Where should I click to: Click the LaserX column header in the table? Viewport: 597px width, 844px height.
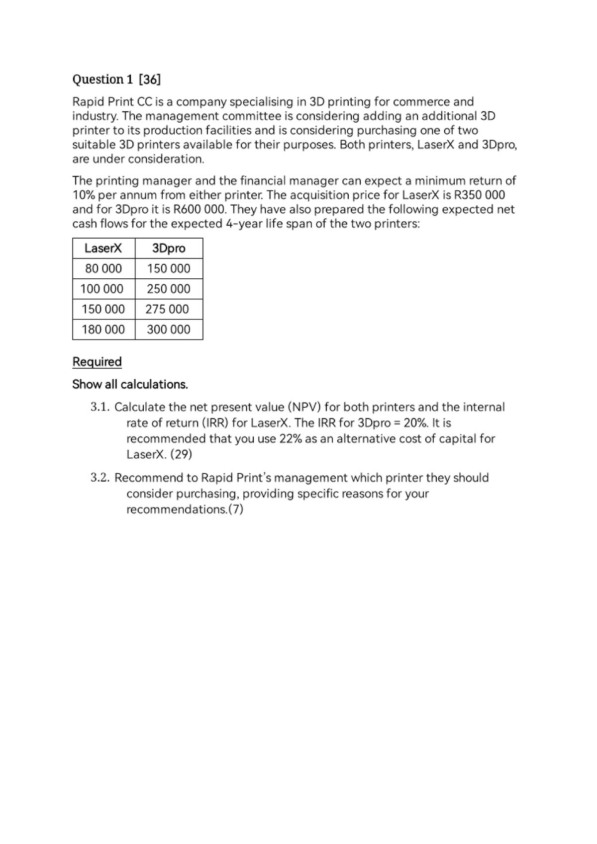pos(103,248)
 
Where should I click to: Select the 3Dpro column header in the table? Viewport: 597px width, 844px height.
pos(169,248)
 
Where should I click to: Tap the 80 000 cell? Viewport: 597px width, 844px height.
pos(103,268)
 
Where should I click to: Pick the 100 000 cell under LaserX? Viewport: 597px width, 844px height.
pos(102,289)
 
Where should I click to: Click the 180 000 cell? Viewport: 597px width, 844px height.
pos(103,329)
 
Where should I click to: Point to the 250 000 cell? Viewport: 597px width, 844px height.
pos(169,289)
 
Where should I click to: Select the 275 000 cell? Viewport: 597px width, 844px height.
pos(167,309)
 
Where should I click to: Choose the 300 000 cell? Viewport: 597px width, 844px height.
pos(169,329)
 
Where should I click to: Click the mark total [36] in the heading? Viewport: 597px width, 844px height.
pos(150,80)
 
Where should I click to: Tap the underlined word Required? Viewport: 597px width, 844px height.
pos(97,362)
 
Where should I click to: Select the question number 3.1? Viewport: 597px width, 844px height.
pos(100,407)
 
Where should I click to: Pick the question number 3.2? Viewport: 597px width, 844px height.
pos(100,478)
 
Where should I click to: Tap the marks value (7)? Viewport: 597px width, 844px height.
pos(235,509)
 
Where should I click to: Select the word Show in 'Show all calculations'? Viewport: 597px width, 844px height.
pos(87,384)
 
